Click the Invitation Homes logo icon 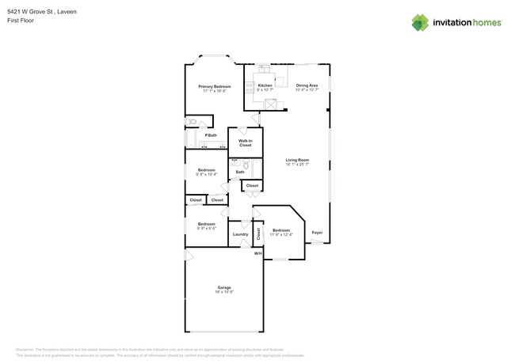[x=420, y=22]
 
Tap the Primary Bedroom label [x=215, y=86]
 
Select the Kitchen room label [x=265, y=85]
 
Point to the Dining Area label [x=307, y=85]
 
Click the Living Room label [x=297, y=160]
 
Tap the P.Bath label [x=211, y=135]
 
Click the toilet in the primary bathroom [x=193, y=122]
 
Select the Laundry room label [x=240, y=234]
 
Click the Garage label [x=224, y=287]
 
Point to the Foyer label [x=317, y=233]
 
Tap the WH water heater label [x=257, y=253]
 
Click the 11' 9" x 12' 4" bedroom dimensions [x=280, y=235]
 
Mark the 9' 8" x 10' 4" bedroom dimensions [x=206, y=174]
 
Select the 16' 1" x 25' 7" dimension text [x=297, y=165]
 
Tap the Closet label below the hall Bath [x=252, y=186]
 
